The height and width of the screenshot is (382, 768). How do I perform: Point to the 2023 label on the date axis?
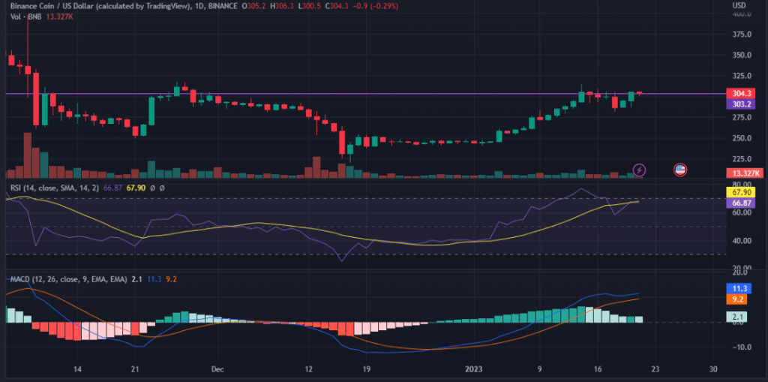click(474, 369)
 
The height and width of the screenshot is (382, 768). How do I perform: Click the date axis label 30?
click(712, 369)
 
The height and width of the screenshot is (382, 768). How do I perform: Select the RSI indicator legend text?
click(45, 188)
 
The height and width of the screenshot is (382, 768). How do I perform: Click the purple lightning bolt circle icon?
click(640, 170)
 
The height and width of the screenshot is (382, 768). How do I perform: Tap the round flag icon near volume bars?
click(681, 170)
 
